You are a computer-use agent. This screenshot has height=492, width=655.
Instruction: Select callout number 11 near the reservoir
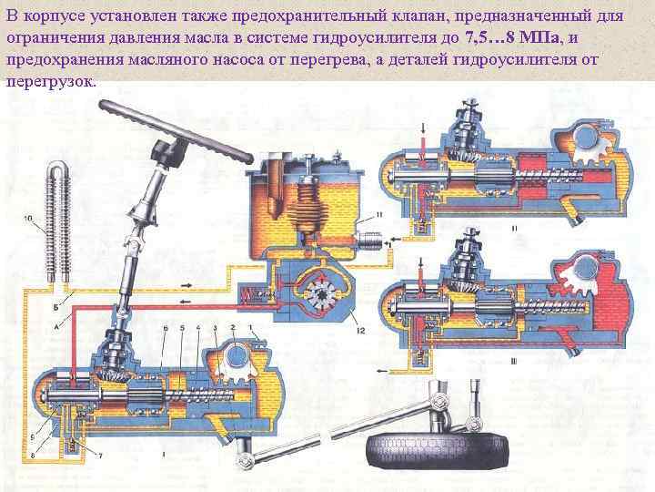tap(378, 214)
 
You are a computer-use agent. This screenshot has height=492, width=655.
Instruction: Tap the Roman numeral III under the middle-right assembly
tap(515, 361)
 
